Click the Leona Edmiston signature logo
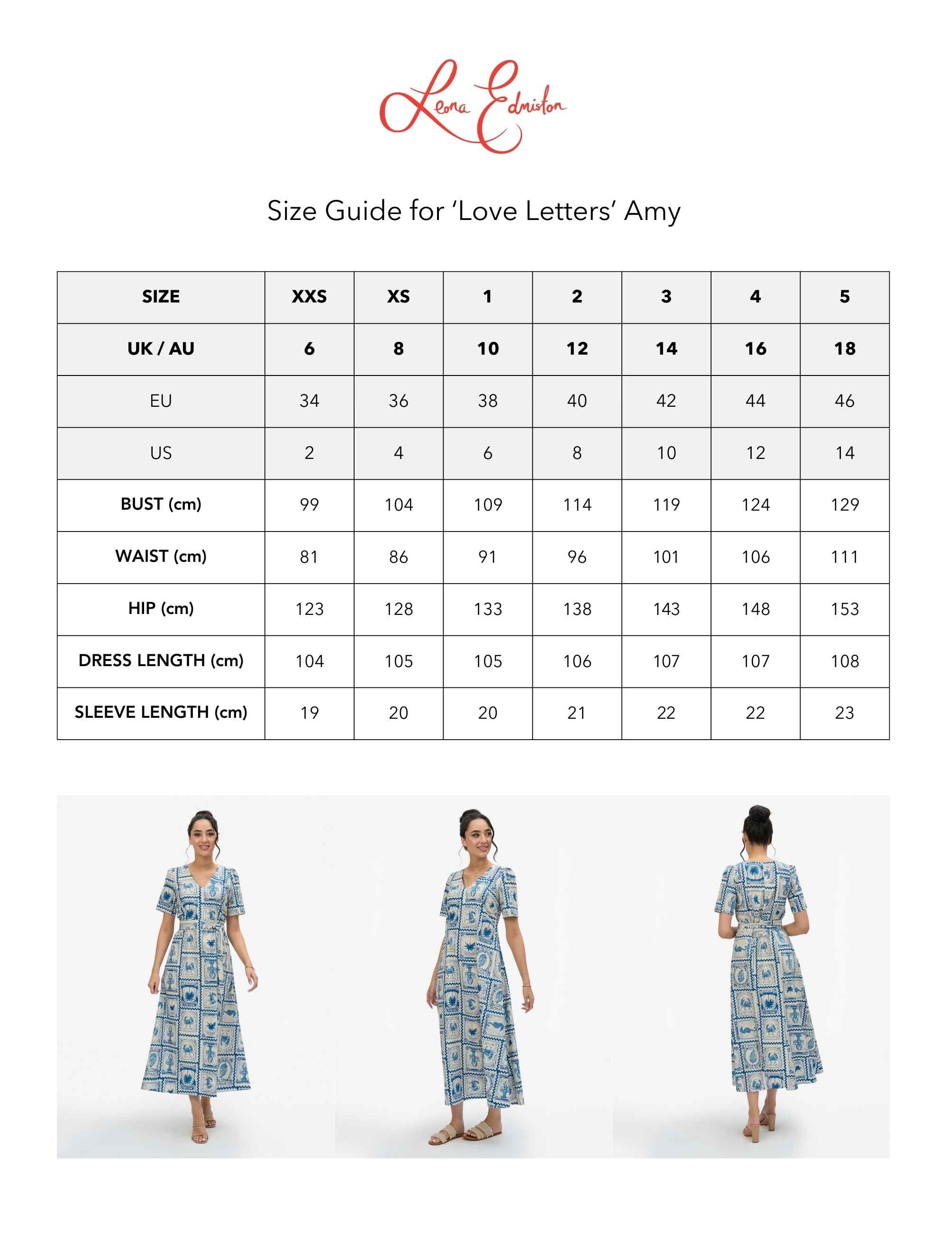click(x=473, y=106)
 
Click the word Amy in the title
click(x=652, y=211)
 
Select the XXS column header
click(x=309, y=297)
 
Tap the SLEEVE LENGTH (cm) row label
click(x=161, y=712)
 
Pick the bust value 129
click(x=844, y=504)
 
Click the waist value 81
click(x=309, y=557)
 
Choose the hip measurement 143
click(x=666, y=609)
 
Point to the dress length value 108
click(x=844, y=661)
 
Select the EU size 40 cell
click(x=577, y=401)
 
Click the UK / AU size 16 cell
click(x=755, y=349)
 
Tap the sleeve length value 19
click(x=309, y=713)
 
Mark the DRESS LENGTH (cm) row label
click(x=161, y=660)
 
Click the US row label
click(x=161, y=453)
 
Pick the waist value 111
click(x=844, y=557)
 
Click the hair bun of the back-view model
click(x=759, y=815)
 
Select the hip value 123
click(x=309, y=609)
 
